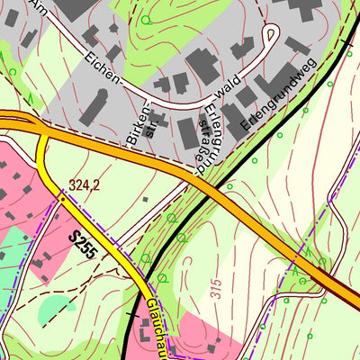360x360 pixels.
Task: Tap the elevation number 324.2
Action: pyautogui.click(x=83, y=185)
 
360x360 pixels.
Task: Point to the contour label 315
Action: pyautogui.click(x=216, y=288)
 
